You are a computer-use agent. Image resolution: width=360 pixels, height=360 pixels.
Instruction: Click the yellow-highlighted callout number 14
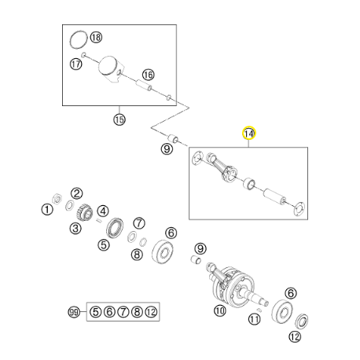click(x=248, y=134)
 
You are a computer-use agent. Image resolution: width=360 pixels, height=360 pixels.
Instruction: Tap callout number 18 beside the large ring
click(x=96, y=37)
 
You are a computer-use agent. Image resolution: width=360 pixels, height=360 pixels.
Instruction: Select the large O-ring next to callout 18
click(x=79, y=39)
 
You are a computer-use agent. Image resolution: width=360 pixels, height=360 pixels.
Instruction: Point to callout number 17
click(x=76, y=64)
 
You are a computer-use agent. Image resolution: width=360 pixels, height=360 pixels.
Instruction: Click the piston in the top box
click(x=111, y=69)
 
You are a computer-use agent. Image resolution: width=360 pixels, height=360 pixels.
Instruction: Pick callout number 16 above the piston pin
click(x=149, y=75)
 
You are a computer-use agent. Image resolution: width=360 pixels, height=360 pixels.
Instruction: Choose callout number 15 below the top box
click(x=119, y=119)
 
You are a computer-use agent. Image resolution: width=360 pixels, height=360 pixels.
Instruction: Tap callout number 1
click(x=47, y=210)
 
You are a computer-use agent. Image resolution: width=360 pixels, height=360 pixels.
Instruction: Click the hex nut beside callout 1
click(x=57, y=199)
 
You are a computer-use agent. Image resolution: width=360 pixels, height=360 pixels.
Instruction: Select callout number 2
click(x=77, y=193)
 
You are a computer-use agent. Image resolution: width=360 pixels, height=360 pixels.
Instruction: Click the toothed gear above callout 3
click(x=85, y=212)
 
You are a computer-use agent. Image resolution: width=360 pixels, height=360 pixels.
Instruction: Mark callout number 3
click(x=75, y=229)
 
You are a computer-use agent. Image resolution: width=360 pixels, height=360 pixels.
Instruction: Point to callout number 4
click(x=103, y=211)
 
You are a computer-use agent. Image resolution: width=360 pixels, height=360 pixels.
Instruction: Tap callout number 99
click(x=74, y=312)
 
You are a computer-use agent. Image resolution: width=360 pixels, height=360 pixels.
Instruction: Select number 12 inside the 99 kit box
click(x=151, y=312)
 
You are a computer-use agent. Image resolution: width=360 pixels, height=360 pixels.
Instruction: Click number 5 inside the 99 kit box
click(x=96, y=312)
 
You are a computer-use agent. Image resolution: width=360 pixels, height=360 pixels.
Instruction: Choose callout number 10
click(x=219, y=310)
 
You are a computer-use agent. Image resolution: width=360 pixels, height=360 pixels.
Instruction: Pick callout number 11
click(x=254, y=319)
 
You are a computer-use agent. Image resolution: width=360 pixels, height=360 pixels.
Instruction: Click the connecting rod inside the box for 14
click(x=222, y=167)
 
